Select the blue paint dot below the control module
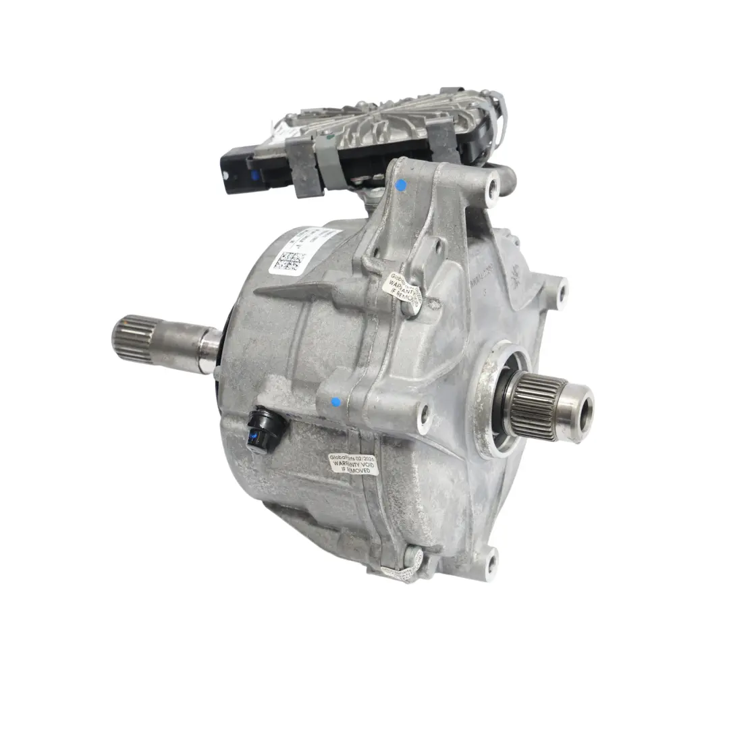401,184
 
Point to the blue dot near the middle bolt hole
335,402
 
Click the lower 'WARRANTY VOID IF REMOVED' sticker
354,464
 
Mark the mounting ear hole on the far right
560,291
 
